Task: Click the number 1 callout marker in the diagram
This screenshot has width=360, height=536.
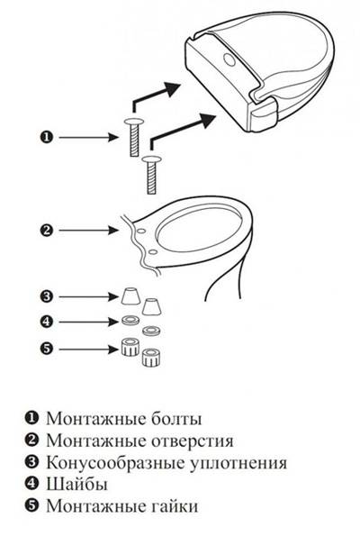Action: (44, 136)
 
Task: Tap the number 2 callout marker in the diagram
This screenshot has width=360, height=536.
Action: (44, 229)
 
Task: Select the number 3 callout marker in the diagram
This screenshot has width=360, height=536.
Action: (44, 295)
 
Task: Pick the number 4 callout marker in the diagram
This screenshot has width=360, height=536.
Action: (44, 320)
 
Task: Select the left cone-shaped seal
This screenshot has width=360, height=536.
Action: (130, 297)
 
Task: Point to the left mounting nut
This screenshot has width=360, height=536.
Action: (130, 346)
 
